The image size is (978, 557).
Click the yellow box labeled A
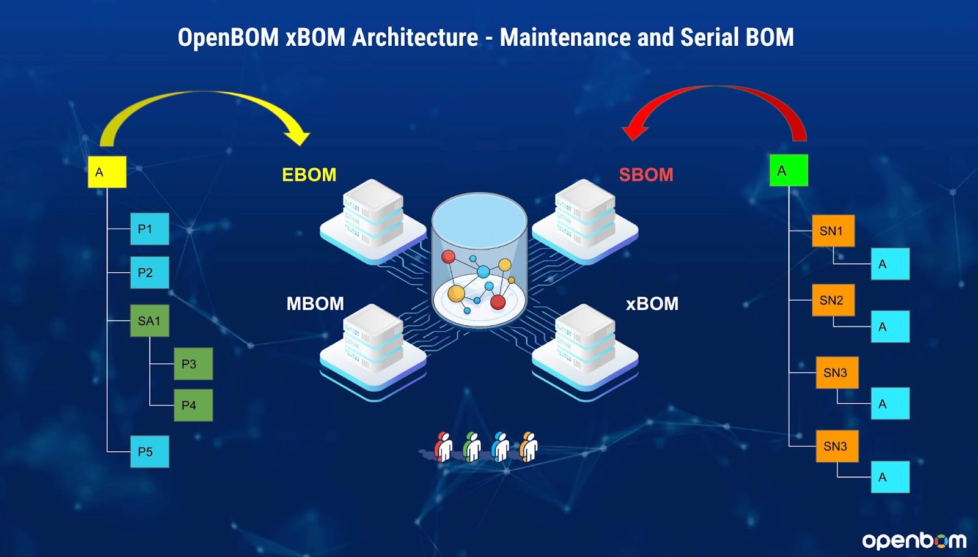(107, 172)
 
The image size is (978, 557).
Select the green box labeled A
(789, 171)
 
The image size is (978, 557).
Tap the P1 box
(150, 229)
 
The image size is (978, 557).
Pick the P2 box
(150, 273)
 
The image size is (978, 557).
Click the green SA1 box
(150, 320)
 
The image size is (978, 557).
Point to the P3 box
(193, 364)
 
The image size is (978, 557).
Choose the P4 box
(193, 405)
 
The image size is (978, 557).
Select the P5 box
(150, 452)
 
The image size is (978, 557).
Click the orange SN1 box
(834, 231)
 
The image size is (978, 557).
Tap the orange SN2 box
(834, 300)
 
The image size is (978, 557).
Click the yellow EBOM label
(309, 175)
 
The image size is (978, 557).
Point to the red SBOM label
(646, 175)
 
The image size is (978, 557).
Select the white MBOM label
(315, 304)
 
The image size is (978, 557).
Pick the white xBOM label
(652, 304)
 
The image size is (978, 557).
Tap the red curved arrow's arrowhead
(635, 130)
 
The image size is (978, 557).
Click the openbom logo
(914, 541)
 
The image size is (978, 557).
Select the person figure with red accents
(444, 447)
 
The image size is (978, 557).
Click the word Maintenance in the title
(565, 37)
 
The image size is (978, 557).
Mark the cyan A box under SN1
(890, 264)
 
